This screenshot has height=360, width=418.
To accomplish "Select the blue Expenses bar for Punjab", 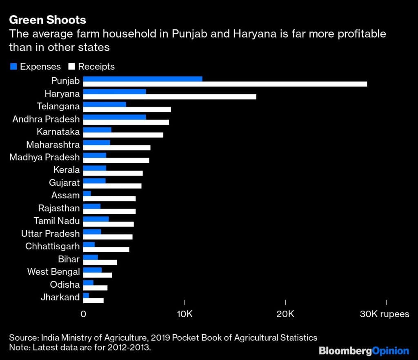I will coord(142,79).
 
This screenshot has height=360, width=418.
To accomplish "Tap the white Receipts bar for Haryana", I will coord(169,97).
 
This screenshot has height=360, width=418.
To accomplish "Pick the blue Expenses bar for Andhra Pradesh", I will coord(114,117).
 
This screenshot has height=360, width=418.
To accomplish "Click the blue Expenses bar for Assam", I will coord(87,193).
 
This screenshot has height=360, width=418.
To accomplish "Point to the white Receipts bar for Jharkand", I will coord(93,300).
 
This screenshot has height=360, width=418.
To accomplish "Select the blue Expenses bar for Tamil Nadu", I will coord(96,219).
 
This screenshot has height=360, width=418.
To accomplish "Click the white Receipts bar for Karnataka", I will coord(123,135).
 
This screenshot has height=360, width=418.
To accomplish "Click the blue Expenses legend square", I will coord(13,67).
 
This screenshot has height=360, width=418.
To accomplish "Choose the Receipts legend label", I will coord(96,67).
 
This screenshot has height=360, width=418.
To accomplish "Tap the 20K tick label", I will coord(285,313).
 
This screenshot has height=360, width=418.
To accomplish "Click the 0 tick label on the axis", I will coord(83,313).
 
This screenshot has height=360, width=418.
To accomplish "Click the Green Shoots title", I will coord(48,20).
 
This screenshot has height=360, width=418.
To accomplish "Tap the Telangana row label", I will coord(58,107).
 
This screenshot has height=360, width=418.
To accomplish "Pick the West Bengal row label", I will coord(53,271).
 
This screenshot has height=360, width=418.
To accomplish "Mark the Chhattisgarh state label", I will coord(52,246).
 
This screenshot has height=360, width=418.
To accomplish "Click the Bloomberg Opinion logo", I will coord(364,351).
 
